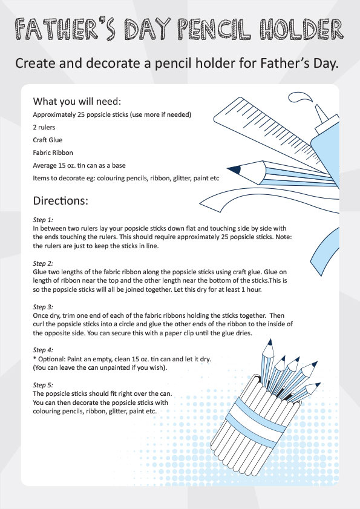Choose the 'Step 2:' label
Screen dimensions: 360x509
[43, 264]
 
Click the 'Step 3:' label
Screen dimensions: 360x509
[43, 307]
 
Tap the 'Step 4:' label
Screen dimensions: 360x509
[43, 350]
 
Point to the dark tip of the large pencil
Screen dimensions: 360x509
[233, 170]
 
